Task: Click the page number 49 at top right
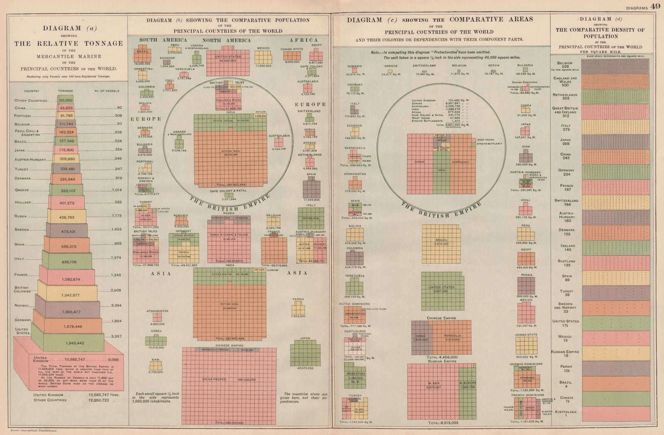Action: click(x=655, y=6)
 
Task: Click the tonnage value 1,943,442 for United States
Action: click(x=74, y=343)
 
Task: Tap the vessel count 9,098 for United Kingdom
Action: click(x=113, y=360)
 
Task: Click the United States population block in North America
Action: click(x=227, y=62)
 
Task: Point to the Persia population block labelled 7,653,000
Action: click(x=298, y=308)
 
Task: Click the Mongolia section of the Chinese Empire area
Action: click(x=452, y=337)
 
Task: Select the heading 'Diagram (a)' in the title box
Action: click(x=69, y=28)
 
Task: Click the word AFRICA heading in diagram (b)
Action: click(x=303, y=40)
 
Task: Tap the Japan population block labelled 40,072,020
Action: click(x=305, y=353)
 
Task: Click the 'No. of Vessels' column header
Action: click(x=107, y=91)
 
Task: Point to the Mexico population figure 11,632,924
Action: click(x=263, y=66)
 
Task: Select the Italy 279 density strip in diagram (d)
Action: click(x=615, y=127)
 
